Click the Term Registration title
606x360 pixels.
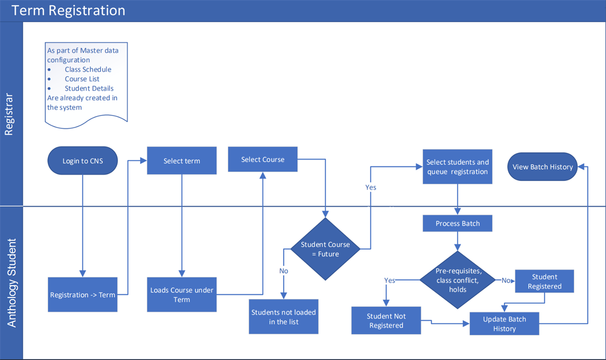(x=68, y=10)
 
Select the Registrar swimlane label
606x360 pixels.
(x=9, y=114)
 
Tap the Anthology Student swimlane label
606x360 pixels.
(x=12, y=283)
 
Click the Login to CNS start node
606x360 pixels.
(x=83, y=161)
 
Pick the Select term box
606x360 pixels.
(x=182, y=161)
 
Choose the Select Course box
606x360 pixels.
(x=263, y=159)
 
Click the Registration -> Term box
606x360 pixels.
(x=83, y=295)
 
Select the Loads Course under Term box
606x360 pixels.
(x=182, y=295)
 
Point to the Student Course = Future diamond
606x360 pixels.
(x=325, y=249)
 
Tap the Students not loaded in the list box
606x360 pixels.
(x=284, y=317)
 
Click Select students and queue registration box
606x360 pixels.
(x=458, y=167)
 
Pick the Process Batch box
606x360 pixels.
(x=458, y=224)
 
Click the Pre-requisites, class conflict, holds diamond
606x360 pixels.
(x=458, y=281)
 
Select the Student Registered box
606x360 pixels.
(x=544, y=282)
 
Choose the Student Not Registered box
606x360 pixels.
(x=386, y=321)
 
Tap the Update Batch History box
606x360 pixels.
(x=504, y=324)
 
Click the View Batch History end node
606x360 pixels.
(x=542, y=167)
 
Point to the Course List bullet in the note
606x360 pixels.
(x=82, y=79)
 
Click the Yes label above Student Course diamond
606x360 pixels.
(x=370, y=188)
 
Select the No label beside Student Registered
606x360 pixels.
(x=506, y=281)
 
